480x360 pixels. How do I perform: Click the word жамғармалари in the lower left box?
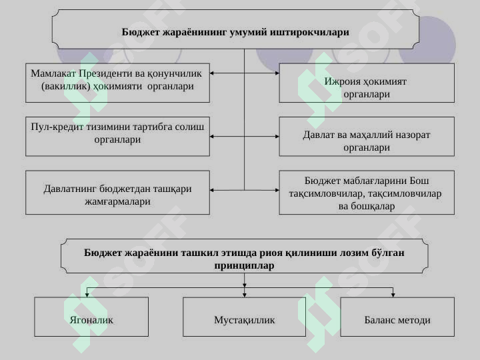coord(117,202)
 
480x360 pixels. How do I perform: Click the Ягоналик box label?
coord(91,320)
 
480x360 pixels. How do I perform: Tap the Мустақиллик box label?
coord(244,320)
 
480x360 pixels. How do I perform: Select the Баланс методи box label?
coord(397,320)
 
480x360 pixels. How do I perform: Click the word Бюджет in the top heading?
coord(140,32)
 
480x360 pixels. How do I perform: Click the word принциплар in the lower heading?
coord(244,265)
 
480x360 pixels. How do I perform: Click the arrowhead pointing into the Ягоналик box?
coord(87,295)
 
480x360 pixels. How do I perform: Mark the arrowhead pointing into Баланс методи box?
coord(393,295)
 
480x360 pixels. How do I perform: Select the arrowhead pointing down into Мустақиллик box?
coord(244,295)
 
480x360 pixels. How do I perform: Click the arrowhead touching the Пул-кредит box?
coord(212,137)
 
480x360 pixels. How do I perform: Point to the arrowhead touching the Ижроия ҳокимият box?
coord(277,73)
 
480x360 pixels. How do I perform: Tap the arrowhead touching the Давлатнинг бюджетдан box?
coord(212,190)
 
